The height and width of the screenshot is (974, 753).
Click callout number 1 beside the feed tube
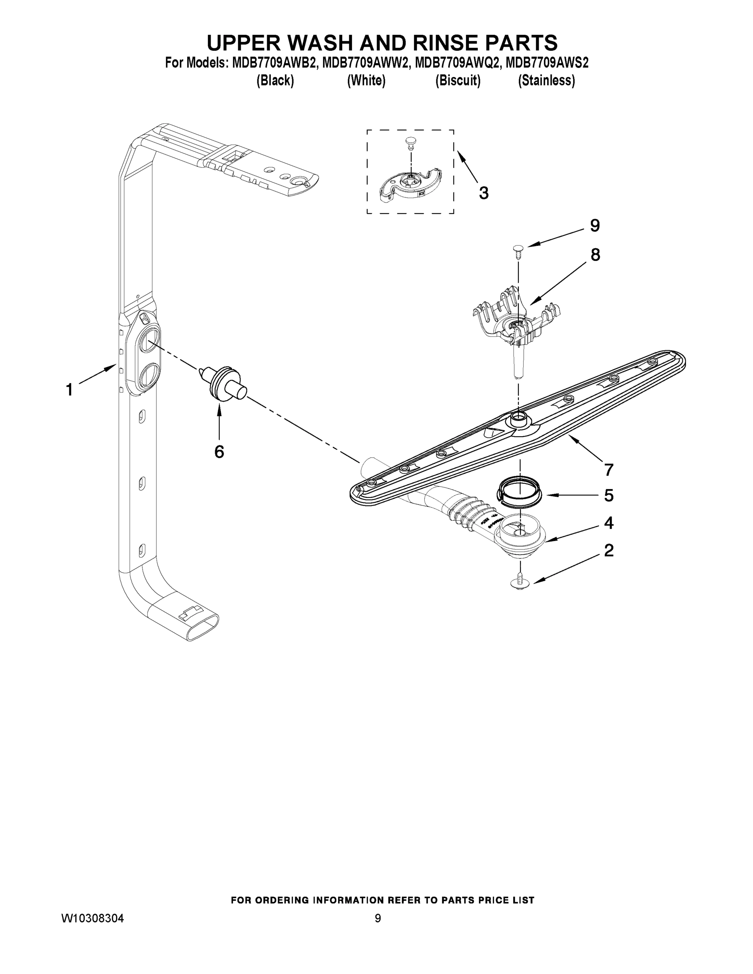tap(69, 389)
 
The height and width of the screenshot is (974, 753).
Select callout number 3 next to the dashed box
tap(483, 193)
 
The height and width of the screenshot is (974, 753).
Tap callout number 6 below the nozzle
tap(219, 452)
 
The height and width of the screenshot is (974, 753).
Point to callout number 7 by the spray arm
tap(609, 470)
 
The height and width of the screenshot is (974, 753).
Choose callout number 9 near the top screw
tap(595, 226)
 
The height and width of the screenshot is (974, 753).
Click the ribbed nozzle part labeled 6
tap(222, 383)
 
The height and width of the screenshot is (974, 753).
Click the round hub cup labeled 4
tap(520, 537)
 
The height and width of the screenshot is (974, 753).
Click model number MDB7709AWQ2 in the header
tap(456, 63)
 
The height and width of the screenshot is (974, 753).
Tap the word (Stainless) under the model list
tap(546, 81)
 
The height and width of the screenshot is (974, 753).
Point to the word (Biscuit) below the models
tap(458, 81)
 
